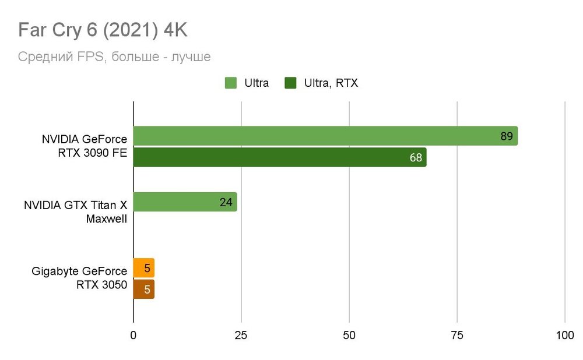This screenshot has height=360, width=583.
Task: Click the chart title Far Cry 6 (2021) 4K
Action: (x=103, y=30)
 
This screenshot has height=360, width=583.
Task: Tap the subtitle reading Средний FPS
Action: (x=114, y=57)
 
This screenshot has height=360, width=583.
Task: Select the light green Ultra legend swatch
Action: (x=231, y=83)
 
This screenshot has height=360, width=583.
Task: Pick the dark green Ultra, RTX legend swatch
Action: (x=290, y=83)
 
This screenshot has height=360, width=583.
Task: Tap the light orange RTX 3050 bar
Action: (x=143, y=268)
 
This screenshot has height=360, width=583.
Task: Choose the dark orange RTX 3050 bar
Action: (x=143, y=289)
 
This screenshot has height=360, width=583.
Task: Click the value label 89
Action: (x=506, y=136)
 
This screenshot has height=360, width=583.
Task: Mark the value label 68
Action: (x=416, y=158)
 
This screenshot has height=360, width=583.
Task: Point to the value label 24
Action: (x=226, y=202)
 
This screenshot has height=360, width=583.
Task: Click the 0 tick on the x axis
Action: (x=134, y=336)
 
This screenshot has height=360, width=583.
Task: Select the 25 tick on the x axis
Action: (x=241, y=336)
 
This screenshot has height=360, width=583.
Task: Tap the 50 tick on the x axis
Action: (x=349, y=336)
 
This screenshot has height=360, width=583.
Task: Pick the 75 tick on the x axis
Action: (x=457, y=336)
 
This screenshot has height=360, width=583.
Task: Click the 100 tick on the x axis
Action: (x=565, y=336)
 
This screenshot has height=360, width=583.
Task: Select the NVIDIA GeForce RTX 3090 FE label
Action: (x=85, y=147)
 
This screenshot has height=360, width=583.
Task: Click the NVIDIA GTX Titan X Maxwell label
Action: (x=76, y=213)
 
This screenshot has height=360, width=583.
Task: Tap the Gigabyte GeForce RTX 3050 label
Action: (x=80, y=278)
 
